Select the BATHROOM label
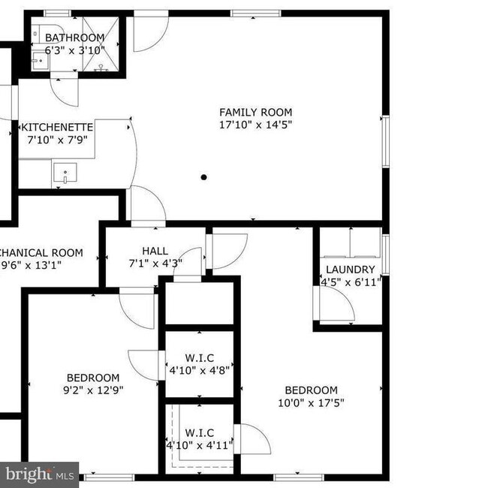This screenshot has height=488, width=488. [75, 38]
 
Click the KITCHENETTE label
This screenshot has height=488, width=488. [57, 128]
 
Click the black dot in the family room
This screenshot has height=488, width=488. [203, 177]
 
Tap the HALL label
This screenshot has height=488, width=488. [155, 251]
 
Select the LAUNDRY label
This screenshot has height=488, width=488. [350, 270]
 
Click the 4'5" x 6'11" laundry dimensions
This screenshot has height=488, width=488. [351, 282]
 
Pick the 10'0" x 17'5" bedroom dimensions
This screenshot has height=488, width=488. [311, 403]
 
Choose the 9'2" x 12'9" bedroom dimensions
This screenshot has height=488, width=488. [93, 390]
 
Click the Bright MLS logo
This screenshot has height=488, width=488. [39, 474]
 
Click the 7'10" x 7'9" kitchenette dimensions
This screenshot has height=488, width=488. [57, 140]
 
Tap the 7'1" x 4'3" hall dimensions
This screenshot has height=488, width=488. [155, 264]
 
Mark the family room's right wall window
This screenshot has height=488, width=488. [386, 141]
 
